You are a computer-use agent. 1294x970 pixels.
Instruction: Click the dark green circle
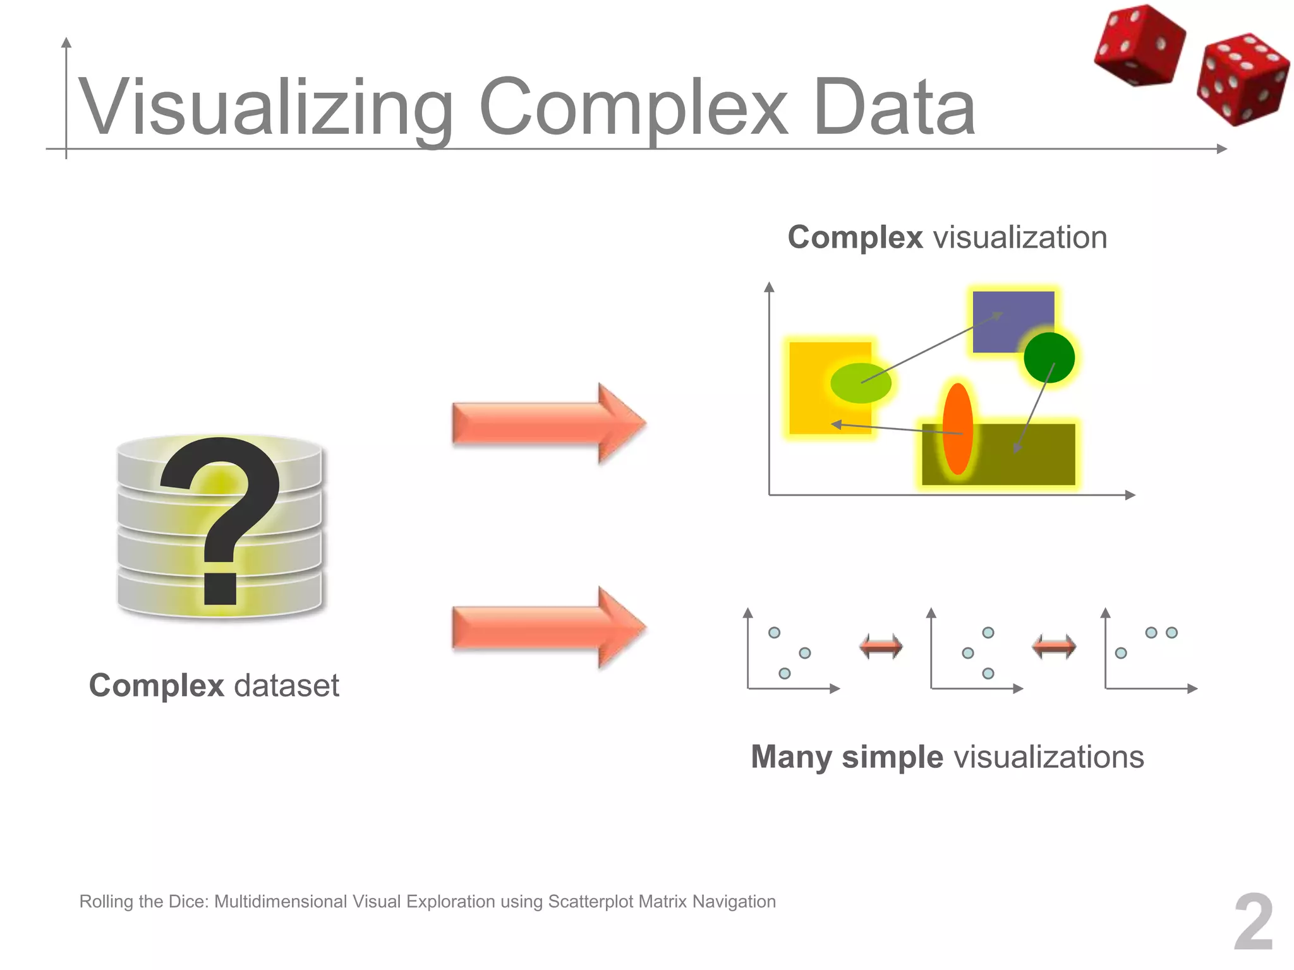coord(1049,357)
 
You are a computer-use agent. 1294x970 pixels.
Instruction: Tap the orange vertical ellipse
coord(957,429)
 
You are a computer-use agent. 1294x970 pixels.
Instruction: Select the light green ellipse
coord(861,383)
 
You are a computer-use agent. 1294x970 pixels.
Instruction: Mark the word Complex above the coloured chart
coord(855,238)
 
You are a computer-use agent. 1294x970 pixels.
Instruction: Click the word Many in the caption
coord(791,757)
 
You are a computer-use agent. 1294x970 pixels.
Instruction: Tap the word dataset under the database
coord(286,686)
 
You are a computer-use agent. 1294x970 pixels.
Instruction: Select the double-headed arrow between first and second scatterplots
coord(881,647)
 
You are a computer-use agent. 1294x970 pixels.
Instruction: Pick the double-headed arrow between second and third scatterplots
coord(1054,647)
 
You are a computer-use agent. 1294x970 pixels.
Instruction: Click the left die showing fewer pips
coord(1139,45)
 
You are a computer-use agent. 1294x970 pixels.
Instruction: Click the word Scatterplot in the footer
coord(590,902)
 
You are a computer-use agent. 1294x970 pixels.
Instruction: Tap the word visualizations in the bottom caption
coord(1049,757)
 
